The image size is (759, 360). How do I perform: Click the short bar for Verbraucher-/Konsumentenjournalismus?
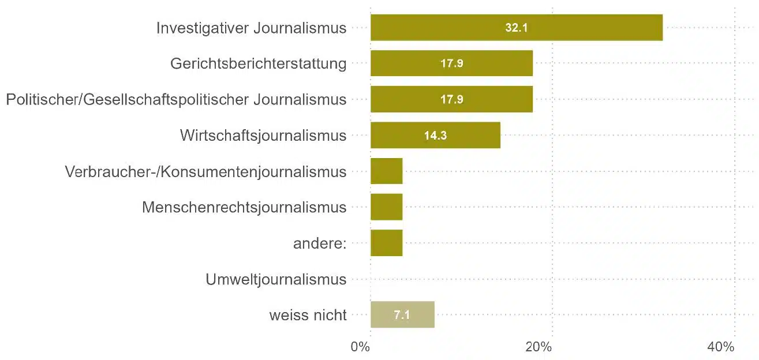coord(386,171)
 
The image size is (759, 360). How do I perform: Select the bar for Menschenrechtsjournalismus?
coord(386,207)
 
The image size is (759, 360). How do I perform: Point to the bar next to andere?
coord(386,243)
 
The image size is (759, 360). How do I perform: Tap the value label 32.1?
coord(517,28)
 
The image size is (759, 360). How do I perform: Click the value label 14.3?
coord(435,136)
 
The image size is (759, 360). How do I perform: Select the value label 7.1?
coord(402,316)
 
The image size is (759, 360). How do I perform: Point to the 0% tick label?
coord(360,347)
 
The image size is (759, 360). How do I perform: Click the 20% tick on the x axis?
coord(539,347)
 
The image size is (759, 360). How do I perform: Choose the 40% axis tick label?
coord(720,347)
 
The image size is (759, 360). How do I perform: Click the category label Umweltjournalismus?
coord(276,280)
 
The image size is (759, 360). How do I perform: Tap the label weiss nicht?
coord(308,316)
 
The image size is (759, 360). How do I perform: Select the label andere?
coord(320,243)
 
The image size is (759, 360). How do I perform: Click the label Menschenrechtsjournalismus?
coord(244,208)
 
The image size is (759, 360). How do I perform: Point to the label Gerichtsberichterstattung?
coord(259,64)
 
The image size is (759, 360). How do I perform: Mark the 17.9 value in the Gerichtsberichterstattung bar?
coord(452,63)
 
